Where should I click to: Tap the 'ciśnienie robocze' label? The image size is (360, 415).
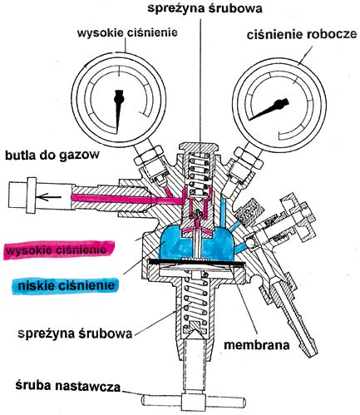pyautogui.click(x=302, y=36)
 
